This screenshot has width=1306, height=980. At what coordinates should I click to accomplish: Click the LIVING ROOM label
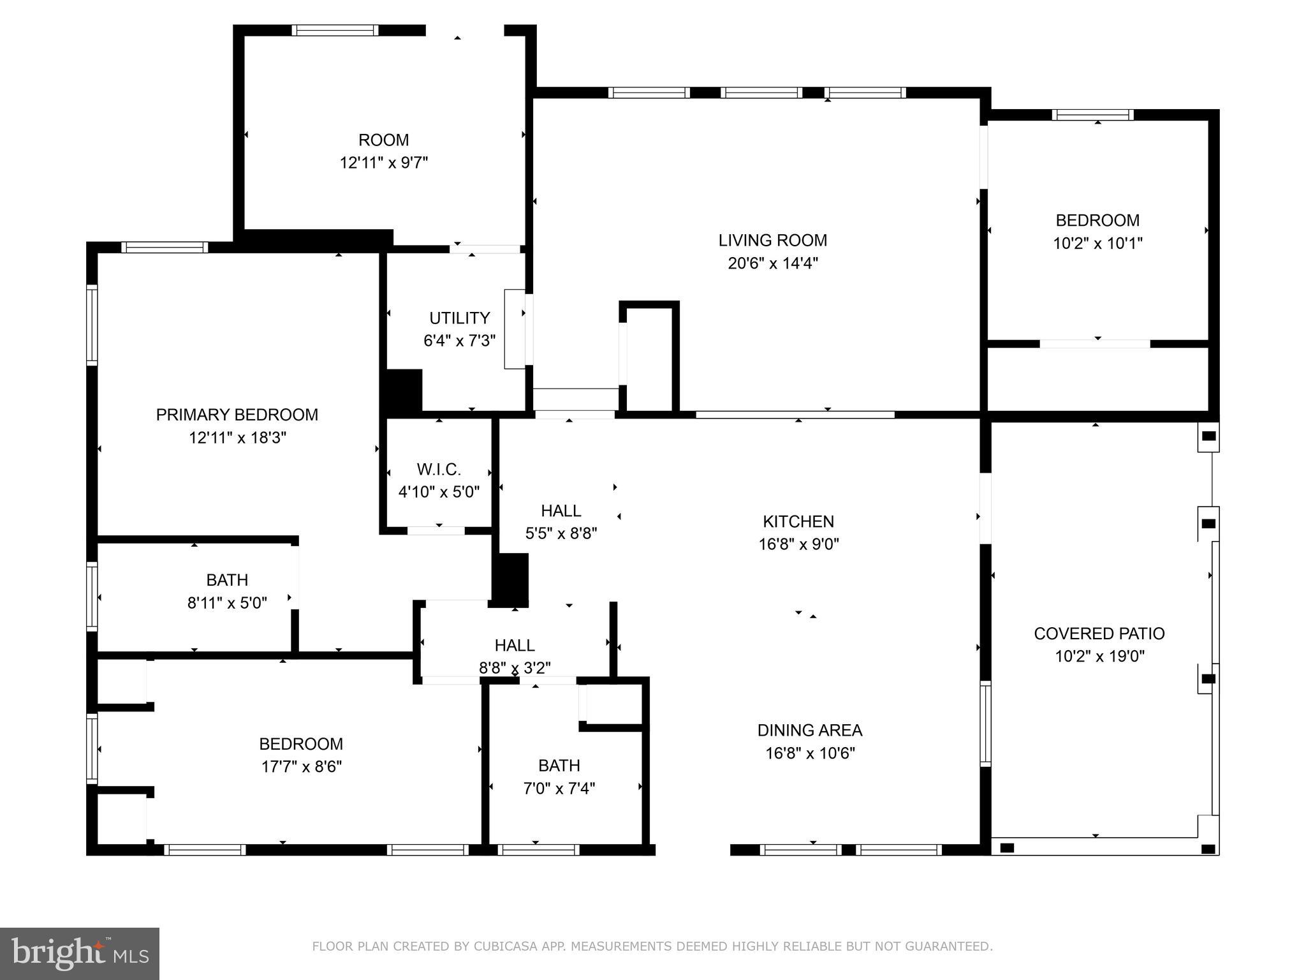pyautogui.click(x=772, y=241)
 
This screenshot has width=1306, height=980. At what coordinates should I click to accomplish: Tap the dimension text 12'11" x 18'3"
pyautogui.click(x=237, y=438)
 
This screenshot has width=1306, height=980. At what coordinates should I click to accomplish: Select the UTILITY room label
pyautogui.click(x=459, y=318)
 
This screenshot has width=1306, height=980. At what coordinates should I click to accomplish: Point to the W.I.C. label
pyautogui.click(x=439, y=470)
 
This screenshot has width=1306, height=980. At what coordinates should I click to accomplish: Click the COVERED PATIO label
pyautogui.click(x=1099, y=634)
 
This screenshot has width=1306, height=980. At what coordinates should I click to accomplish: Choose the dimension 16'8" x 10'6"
pyautogui.click(x=810, y=754)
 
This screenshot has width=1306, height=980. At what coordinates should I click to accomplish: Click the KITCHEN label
pyautogui.click(x=798, y=521)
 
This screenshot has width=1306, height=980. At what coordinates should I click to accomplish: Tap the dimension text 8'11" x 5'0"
pyautogui.click(x=227, y=603)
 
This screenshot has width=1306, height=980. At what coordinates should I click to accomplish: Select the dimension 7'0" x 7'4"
pyautogui.click(x=559, y=789)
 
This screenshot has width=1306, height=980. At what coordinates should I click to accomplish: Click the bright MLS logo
pyautogui.click(x=79, y=953)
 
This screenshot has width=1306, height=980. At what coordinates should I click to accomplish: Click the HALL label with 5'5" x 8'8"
pyautogui.click(x=561, y=510)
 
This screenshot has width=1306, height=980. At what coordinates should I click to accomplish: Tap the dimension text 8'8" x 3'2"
pyautogui.click(x=515, y=668)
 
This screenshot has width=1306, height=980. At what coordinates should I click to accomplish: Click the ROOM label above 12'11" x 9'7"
pyautogui.click(x=383, y=140)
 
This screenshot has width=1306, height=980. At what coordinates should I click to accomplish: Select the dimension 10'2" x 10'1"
pyautogui.click(x=1097, y=243)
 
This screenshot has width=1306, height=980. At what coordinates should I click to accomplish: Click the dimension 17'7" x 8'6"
pyautogui.click(x=301, y=766)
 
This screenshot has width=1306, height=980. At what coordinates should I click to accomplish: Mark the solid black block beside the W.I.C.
pyautogui.click(x=510, y=579)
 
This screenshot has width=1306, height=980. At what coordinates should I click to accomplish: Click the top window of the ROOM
pyautogui.click(x=335, y=30)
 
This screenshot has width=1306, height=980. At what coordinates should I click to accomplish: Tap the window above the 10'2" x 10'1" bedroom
pyautogui.click(x=1092, y=115)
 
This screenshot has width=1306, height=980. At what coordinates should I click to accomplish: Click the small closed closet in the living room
pyautogui.click(x=649, y=359)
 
